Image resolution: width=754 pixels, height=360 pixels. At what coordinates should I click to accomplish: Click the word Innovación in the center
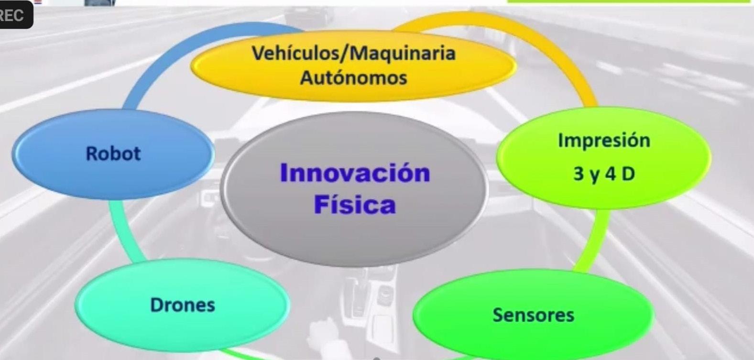355,173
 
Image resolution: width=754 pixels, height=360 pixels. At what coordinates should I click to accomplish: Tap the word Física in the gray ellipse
355,204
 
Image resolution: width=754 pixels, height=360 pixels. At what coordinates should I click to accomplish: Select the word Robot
113,153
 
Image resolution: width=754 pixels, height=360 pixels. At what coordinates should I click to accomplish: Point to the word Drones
183,305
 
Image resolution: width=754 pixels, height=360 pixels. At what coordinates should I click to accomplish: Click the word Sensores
533,315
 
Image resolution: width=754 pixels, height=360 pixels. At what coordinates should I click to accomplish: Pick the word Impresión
604,141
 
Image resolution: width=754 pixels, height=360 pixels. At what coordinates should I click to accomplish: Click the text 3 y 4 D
604,174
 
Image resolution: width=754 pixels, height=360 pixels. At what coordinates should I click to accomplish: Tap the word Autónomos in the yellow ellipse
353,77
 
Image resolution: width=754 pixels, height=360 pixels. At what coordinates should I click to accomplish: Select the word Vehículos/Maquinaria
353,53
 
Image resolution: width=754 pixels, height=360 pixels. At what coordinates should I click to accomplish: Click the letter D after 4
628,174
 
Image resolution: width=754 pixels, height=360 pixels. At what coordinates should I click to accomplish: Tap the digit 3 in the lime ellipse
579,174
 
